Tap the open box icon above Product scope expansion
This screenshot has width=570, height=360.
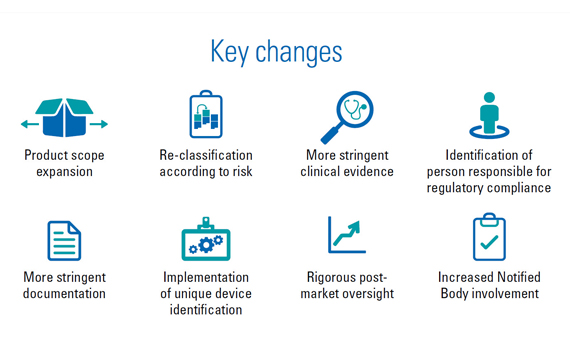[x=64, y=117]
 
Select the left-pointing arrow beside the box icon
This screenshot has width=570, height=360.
[x=29, y=124]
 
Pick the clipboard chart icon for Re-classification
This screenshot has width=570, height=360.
[x=205, y=115]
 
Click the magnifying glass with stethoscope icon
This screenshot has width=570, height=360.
[x=347, y=117]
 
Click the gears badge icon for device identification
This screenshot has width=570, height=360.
[x=206, y=240]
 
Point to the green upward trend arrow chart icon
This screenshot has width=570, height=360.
[x=347, y=235]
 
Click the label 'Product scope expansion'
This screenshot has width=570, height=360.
[x=64, y=163]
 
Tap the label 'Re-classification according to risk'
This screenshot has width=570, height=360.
[x=206, y=163]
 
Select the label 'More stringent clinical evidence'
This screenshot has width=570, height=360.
[x=349, y=163]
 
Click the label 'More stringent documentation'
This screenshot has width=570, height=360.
[x=64, y=285]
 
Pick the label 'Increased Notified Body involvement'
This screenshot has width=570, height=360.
[x=488, y=285]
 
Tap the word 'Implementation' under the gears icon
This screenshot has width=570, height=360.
[x=206, y=277]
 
